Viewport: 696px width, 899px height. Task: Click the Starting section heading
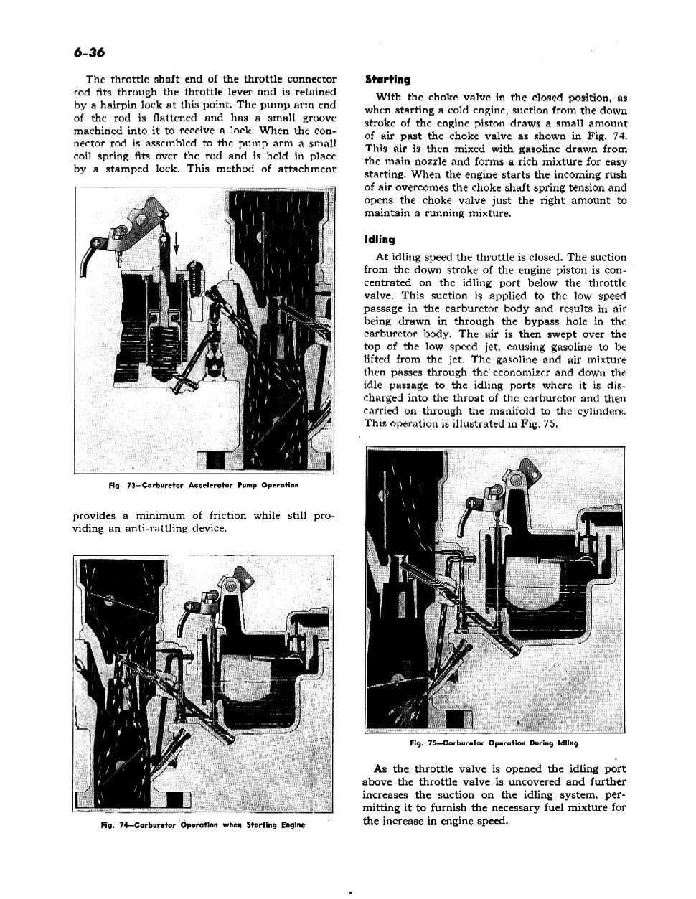coord(387,80)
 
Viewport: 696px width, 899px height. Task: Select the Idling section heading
coord(380,239)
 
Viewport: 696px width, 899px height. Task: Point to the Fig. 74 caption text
coord(203,824)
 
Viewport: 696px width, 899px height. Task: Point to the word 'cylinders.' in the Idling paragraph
coord(598,411)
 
